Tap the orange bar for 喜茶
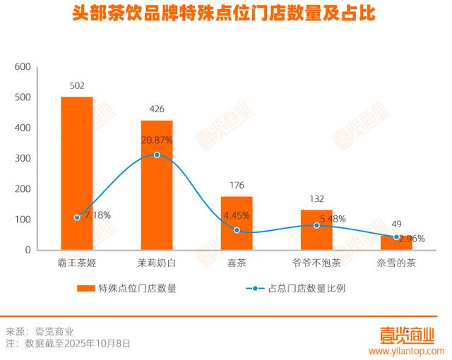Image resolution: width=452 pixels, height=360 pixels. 237,223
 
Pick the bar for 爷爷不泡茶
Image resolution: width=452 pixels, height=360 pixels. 316,229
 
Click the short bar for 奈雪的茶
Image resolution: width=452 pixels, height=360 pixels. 396,243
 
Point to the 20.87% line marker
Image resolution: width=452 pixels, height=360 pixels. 157,155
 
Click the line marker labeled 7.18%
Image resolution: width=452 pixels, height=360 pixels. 77,217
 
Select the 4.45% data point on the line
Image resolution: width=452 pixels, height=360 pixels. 237,230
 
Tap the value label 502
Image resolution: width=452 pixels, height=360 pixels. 77,86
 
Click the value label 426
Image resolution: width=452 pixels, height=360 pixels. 157,109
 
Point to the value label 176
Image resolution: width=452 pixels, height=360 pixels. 237,186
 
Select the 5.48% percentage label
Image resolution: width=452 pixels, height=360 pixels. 333,219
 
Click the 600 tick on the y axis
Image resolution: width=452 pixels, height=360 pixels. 23,67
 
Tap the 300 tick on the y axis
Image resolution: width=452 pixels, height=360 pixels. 23,159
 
